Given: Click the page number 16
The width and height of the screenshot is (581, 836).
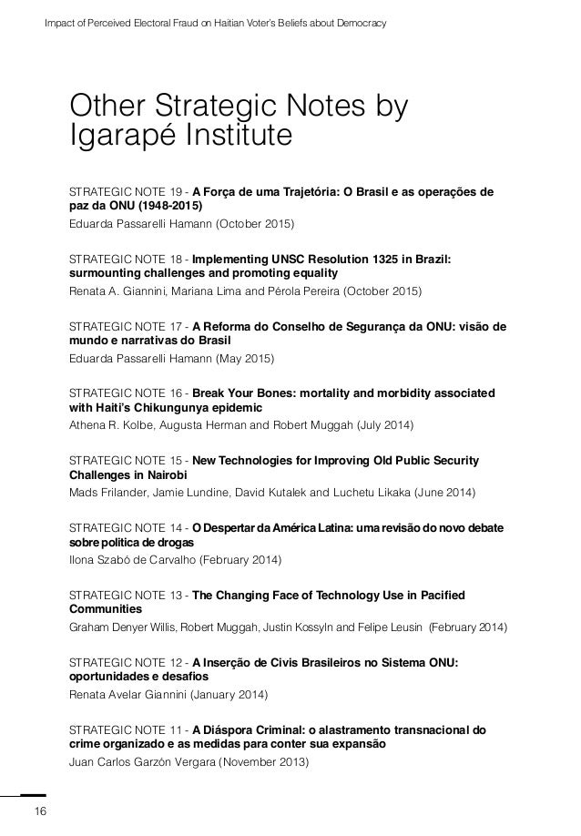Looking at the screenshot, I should [39, 811].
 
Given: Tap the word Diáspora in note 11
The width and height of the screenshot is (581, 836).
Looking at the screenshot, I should [233, 729].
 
